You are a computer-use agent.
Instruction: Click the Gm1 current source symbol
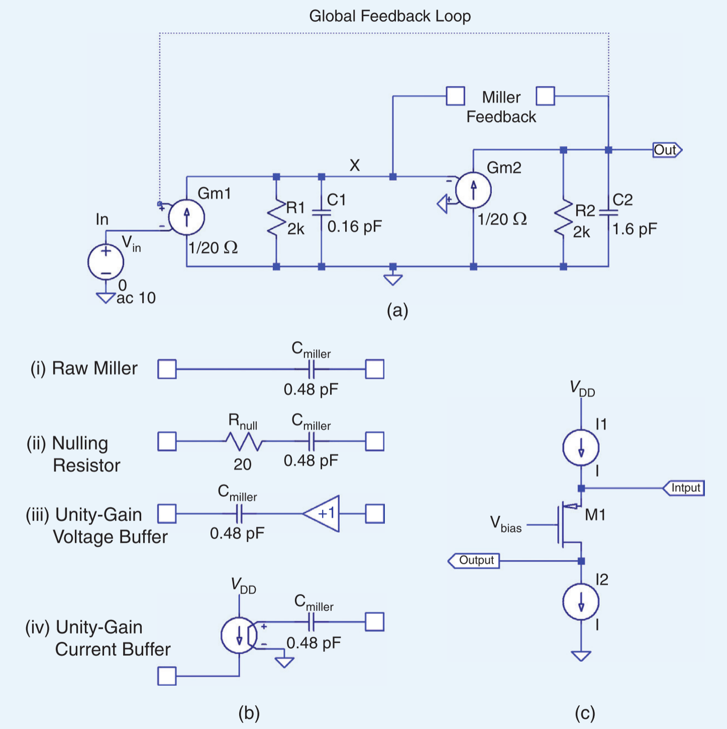[x=186, y=218]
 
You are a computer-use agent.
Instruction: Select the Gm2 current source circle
[x=473, y=190]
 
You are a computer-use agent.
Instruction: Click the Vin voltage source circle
[x=106, y=262]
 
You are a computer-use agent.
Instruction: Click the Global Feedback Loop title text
[x=390, y=16]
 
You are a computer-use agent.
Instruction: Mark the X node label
[x=354, y=165]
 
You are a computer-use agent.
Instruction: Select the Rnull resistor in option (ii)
[x=244, y=441]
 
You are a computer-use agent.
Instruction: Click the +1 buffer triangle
[x=321, y=513]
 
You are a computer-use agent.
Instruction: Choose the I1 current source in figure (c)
[x=581, y=447]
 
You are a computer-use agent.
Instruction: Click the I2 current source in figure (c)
[x=581, y=601]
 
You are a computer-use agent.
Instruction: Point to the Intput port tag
[x=684, y=488]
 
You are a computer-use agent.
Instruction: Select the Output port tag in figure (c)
[x=474, y=560]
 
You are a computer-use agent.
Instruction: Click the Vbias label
[x=505, y=525]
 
